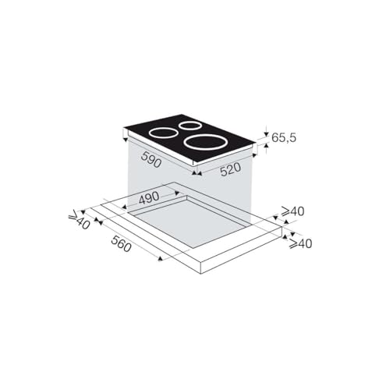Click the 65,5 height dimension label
[x=283, y=137]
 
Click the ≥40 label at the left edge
[x=80, y=222]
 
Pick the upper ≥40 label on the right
[x=292, y=211]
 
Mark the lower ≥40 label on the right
[x=300, y=243]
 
